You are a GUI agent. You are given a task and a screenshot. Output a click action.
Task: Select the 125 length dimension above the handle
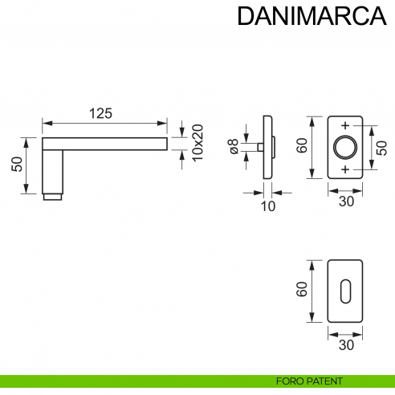pyautogui.click(x=100, y=113)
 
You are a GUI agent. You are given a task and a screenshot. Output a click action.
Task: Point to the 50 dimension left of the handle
pyautogui.click(x=17, y=165)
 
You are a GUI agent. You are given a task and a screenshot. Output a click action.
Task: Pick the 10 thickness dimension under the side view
pyautogui.click(x=268, y=206)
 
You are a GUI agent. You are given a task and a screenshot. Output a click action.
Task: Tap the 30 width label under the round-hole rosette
pyautogui.click(x=345, y=202)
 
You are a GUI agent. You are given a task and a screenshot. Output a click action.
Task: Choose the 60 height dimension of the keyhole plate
pyautogui.click(x=303, y=289)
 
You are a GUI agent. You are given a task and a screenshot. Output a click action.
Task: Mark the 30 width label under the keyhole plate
pyautogui.click(x=345, y=344)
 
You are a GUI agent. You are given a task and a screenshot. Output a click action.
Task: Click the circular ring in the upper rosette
pyautogui.click(x=345, y=148)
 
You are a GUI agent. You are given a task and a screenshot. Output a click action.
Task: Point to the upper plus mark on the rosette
pyautogui.click(x=345, y=126)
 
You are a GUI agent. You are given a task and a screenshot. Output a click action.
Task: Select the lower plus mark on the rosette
pyautogui.click(x=345, y=171)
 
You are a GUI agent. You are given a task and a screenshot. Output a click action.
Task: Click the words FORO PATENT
pyautogui.click(x=309, y=381)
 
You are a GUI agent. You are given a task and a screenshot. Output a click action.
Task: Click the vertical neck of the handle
pyautogui.click(x=52, y=170)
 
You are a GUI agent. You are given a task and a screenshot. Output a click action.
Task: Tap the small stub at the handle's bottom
pyautogui.click(x=52, y=196)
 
